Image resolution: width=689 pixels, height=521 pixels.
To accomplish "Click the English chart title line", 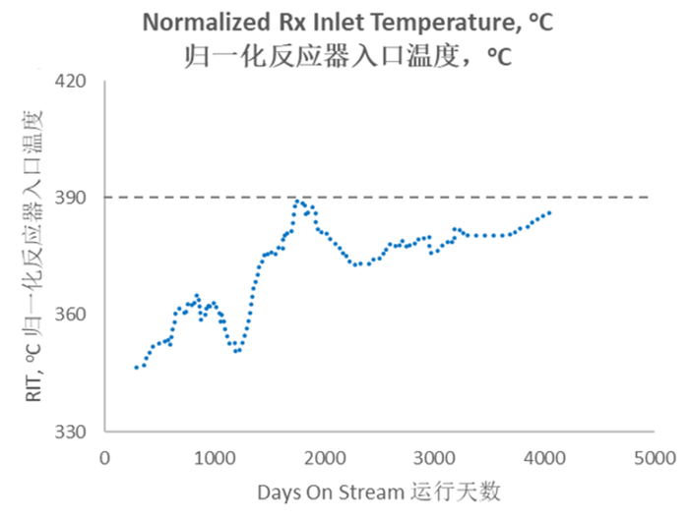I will tap(347, 22).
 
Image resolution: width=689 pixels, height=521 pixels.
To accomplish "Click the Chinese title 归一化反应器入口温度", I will tap(347, 55).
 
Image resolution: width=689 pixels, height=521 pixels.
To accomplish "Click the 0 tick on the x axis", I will tap(105, 457).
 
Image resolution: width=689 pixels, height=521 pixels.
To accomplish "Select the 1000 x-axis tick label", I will tap(215, 457).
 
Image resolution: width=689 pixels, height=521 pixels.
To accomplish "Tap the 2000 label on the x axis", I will tap(324, 457).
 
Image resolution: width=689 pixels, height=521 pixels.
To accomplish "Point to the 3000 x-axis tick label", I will tap(433, 457).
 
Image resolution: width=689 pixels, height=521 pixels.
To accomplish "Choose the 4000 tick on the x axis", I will tap(542, 457).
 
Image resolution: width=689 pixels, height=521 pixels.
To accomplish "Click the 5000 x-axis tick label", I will tap(652, 457).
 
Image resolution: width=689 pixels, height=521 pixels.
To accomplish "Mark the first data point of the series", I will tap(136, 368).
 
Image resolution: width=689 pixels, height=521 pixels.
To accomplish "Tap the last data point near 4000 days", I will tap(549, 212).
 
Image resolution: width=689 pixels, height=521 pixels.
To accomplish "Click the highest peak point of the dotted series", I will tap(297, 201).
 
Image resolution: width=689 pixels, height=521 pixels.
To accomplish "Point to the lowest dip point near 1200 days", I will tap(236, 351).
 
